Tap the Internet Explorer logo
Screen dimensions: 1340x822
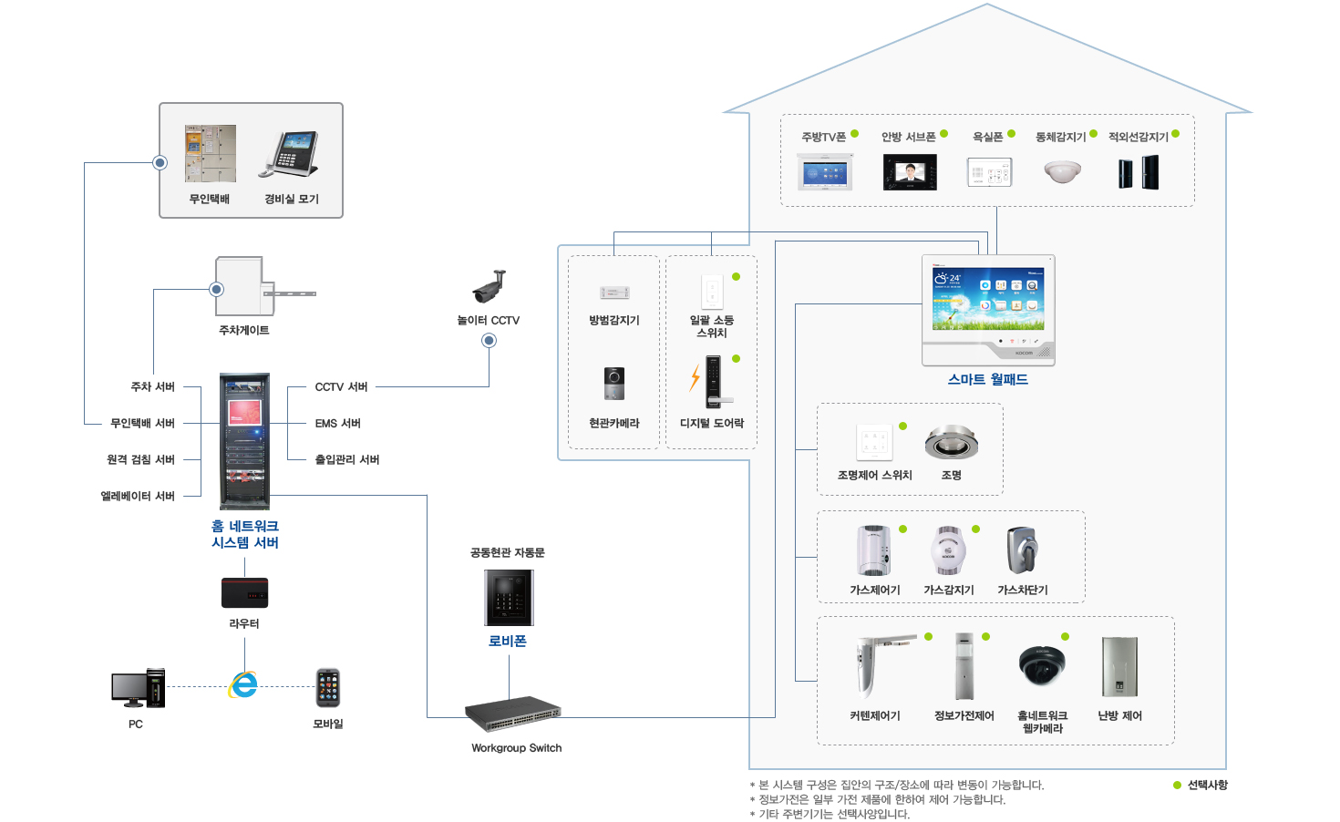[x=242, y=685]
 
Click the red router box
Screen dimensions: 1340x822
[x=244, y=592]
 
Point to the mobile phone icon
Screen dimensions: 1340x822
[x=328, y=687]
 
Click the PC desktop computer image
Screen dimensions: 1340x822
[x=139, y=688]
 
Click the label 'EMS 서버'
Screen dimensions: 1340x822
[x=338, y=424]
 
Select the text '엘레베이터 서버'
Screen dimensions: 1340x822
[x=138, y=496]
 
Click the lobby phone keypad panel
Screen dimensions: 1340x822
[x=509, y=598]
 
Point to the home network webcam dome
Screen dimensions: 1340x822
[x=1042, y=664]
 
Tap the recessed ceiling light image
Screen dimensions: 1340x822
[x=951, y=442]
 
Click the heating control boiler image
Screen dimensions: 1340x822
[x=1119, y=667]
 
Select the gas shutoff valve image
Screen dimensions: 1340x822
[x=1022, y=550]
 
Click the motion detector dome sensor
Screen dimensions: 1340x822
[x=1063, y=171]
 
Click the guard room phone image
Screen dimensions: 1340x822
[x=290, y=154]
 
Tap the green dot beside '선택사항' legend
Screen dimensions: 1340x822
[x=1178, y=785]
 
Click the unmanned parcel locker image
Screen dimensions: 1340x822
[x=211, y=153]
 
